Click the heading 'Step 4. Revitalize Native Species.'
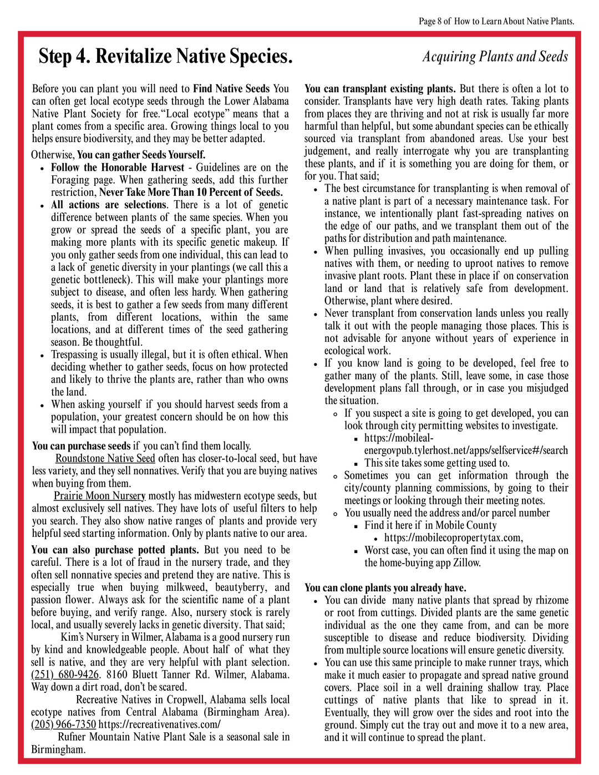(165, 57)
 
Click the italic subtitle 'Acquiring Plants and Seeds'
(495, 57)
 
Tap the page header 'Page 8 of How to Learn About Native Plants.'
(496, 22)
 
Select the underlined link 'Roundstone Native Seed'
(105, 459)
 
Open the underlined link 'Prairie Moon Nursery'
(100, 496)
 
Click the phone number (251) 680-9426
(65, 675)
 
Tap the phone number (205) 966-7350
(63, 725)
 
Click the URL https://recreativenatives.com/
(159, 725)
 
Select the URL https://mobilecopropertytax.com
(453, 538)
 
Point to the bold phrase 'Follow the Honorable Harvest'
(118, 168)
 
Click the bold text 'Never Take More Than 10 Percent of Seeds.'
(191, 193)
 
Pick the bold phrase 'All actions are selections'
(109, 205)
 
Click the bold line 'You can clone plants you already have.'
(385, 588)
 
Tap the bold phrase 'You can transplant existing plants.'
(380, 89)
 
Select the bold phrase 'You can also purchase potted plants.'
(115, 550)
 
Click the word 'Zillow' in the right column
(465, 563)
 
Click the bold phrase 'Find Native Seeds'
(231, 89)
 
